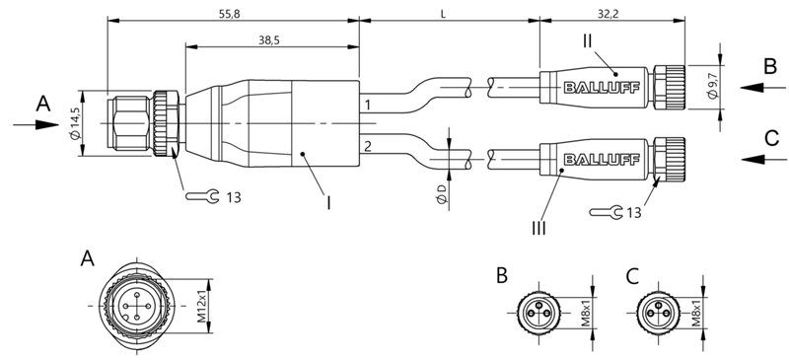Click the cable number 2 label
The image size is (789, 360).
pyautogui.click(x=368, y=146)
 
